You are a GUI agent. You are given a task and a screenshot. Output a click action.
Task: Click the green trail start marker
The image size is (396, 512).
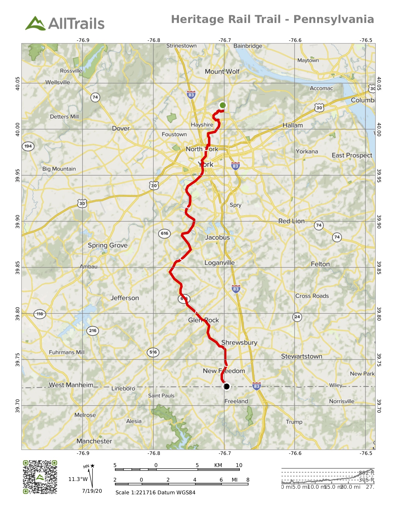point(222,105)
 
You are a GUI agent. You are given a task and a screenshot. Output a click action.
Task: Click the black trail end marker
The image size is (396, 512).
point(227,386)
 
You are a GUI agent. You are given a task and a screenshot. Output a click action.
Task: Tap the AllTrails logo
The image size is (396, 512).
point(65,23)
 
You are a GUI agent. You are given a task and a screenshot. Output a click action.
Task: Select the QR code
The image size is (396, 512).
point(40,477)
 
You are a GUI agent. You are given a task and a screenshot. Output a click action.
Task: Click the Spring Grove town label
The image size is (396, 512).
point(107,245)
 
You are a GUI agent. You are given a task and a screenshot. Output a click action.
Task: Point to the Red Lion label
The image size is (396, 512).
point(291,221)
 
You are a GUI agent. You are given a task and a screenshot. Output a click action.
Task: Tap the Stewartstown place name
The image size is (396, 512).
point(302,356)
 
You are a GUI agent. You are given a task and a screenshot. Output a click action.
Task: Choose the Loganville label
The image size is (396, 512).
point(219,263)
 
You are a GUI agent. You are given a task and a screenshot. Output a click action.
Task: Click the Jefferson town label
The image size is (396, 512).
point(125,298)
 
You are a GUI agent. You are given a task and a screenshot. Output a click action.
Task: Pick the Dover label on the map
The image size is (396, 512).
point(121,128)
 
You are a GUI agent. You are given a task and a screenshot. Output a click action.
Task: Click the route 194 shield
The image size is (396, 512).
point(28,146)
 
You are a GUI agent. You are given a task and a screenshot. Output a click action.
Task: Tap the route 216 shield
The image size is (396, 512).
point(93,330)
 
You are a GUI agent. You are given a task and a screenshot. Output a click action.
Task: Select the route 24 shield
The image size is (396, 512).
point(297,317)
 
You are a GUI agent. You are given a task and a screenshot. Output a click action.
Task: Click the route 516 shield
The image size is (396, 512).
point(153,352)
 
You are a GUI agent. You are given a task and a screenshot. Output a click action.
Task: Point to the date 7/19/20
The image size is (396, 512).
point(92,491)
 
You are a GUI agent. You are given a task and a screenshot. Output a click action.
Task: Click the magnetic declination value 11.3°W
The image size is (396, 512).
point(78,479)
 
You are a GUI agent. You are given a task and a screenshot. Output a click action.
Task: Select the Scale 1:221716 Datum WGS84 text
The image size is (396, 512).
point(155,492)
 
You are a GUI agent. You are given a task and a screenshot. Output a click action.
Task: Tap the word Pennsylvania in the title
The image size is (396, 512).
point(334,19)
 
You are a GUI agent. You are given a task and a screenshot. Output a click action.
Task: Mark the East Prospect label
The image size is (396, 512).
point(352,155)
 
